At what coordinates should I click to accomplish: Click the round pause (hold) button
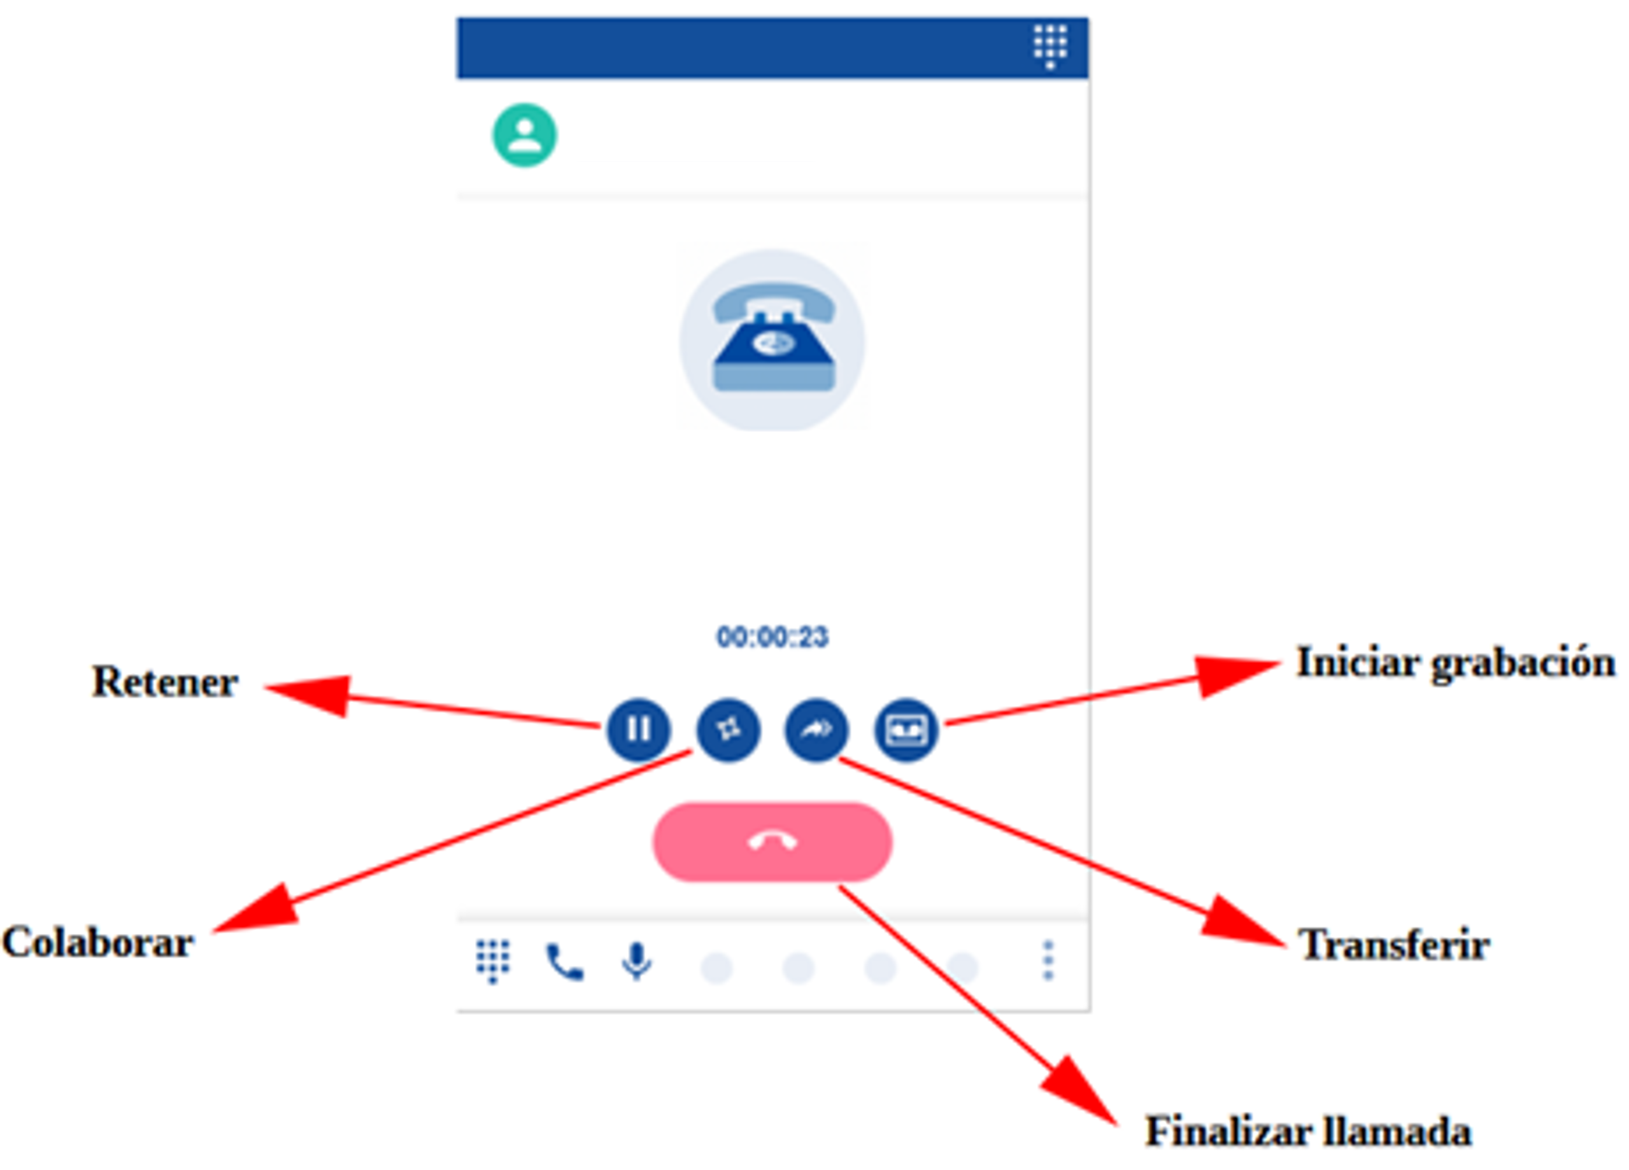639,729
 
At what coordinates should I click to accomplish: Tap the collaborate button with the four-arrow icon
729,729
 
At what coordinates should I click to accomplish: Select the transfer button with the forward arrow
816,729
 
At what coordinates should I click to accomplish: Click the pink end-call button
772,842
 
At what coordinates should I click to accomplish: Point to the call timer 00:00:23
772,637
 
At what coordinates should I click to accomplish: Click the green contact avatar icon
524,135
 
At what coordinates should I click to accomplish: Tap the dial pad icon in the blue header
1050,46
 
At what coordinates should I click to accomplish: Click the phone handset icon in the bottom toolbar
566,962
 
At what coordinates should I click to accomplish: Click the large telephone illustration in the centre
772,340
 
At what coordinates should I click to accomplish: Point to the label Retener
164,682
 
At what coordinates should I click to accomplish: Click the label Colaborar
97,943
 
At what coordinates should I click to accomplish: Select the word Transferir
1393,945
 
